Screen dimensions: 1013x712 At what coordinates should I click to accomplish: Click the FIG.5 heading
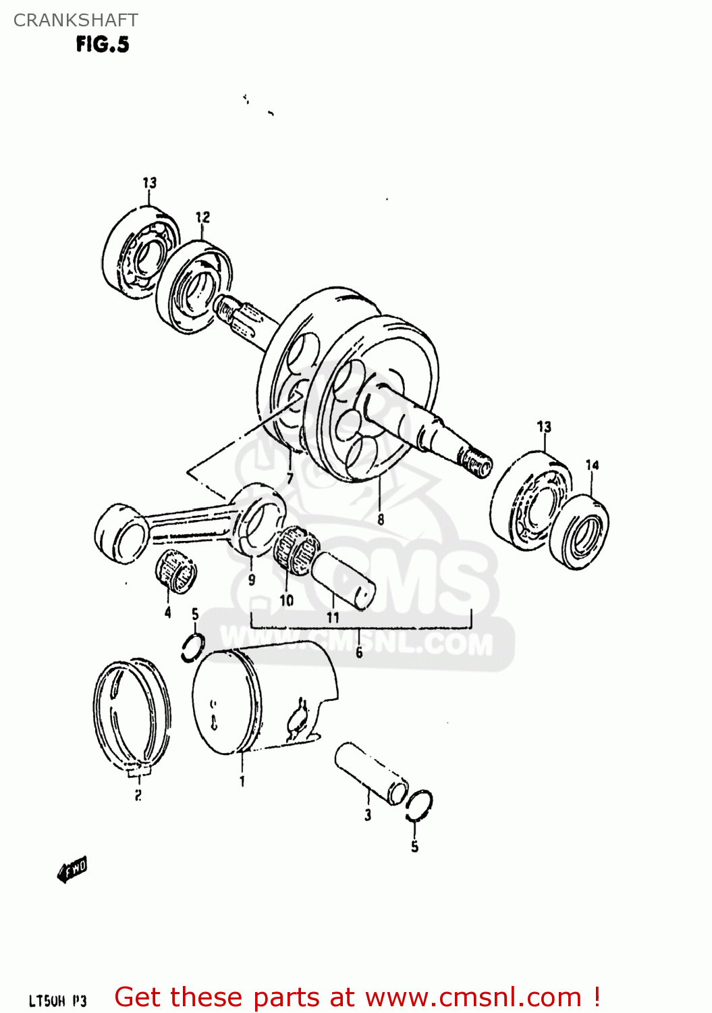[x=102, y=45]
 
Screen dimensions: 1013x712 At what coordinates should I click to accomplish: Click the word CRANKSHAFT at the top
[x=76, y=20]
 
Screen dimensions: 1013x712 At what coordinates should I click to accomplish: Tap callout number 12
[x=202, y=217]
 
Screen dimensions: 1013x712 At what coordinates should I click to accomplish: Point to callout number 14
[x=592, y=465]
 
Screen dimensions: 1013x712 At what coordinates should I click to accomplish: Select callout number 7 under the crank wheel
[x=290, y=479]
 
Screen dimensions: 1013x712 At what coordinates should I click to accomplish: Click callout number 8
[x=381, y=519]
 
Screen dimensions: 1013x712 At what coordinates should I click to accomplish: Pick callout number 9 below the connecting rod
[x=252, y=579]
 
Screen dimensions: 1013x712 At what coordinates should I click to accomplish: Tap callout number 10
[x=287, y=600]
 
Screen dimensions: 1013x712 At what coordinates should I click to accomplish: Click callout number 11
[x=333, y=617]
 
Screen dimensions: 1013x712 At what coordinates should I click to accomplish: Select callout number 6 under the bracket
[x=359, y=652]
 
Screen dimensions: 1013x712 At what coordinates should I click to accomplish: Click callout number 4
[x=167, y=613]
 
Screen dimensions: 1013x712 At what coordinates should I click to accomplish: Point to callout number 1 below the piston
[x=242, y=781]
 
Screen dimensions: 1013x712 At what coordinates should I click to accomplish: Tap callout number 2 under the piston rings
[x=138, y=795]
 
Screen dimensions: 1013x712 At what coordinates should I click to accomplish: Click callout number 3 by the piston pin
[x=368, y=815]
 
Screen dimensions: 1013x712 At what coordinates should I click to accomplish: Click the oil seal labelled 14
[x=579, y=532]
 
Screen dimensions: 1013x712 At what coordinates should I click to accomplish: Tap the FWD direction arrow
[x=72, y=870]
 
